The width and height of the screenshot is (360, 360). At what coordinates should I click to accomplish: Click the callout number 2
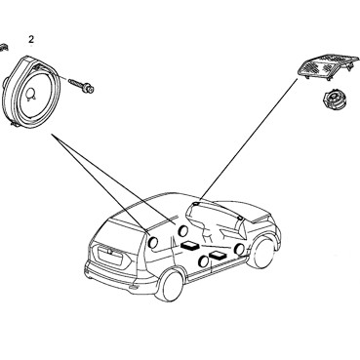point(31,40)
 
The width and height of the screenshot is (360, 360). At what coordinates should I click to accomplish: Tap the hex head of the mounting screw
point(89,88)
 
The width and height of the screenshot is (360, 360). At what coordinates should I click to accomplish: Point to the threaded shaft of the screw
point(77,83)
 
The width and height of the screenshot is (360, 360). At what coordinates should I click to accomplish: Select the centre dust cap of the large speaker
point(31,94)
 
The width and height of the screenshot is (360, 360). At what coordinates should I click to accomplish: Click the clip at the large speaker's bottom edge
point(14,124)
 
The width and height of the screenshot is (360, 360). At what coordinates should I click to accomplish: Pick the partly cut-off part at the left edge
point(3,48)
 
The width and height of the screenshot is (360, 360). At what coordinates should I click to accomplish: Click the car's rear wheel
point(170,285)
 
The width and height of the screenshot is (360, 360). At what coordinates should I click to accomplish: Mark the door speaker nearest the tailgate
point(152,242)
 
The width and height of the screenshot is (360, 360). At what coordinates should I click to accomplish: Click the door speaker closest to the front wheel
point(240,249)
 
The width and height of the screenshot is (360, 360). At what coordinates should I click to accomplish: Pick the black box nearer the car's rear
point(190,246)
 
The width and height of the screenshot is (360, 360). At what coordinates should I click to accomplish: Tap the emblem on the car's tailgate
point(110,252)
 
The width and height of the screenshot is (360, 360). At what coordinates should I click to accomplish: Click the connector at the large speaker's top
point(39,67)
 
